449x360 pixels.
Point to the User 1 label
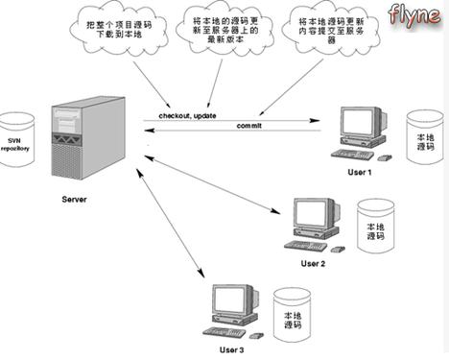(x=359, y=171)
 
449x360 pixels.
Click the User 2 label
(x=313, y=262)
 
